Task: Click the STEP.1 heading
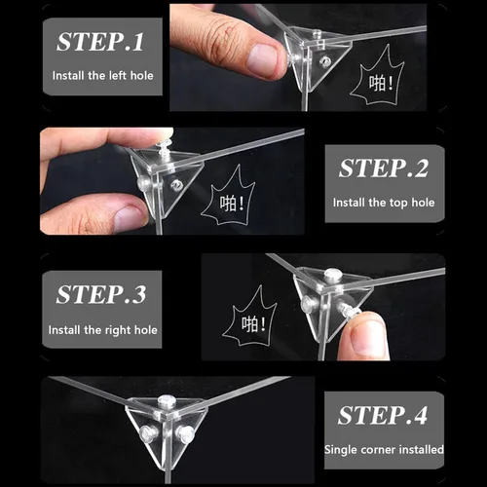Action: point(100,42)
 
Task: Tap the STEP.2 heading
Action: point(384,169)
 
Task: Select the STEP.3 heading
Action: point(101,294)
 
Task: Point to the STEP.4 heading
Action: point(383,415)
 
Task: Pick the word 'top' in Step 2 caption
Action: point(398,203)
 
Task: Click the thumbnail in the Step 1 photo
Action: point(262,59)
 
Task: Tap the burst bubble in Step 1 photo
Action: point(378,78)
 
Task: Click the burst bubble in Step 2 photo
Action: point(229,198)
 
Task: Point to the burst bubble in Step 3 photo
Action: point(250,318)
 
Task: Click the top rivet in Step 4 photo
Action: point(167,401)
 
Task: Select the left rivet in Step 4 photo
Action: point(149,432)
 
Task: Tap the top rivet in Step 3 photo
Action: point(332,274)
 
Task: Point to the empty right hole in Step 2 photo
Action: point(177,185)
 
